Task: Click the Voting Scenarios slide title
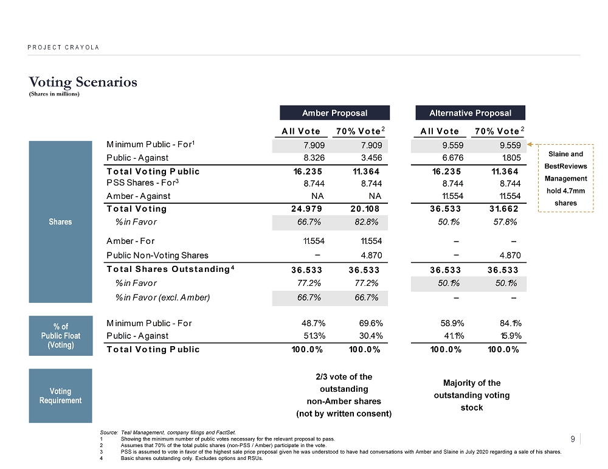pos(83,82)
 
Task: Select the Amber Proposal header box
pos(334,113)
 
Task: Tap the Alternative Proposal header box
pos(470,113)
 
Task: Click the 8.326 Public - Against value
pos(313,158)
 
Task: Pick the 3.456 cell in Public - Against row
pos(370,158)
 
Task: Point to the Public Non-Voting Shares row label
pos(157,255)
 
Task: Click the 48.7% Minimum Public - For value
pos(311,323)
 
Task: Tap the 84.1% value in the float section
pos(506,323)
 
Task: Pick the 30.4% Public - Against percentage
pos(368,336)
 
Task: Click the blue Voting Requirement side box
pos(60,395)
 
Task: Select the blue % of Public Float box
pos(60,335)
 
